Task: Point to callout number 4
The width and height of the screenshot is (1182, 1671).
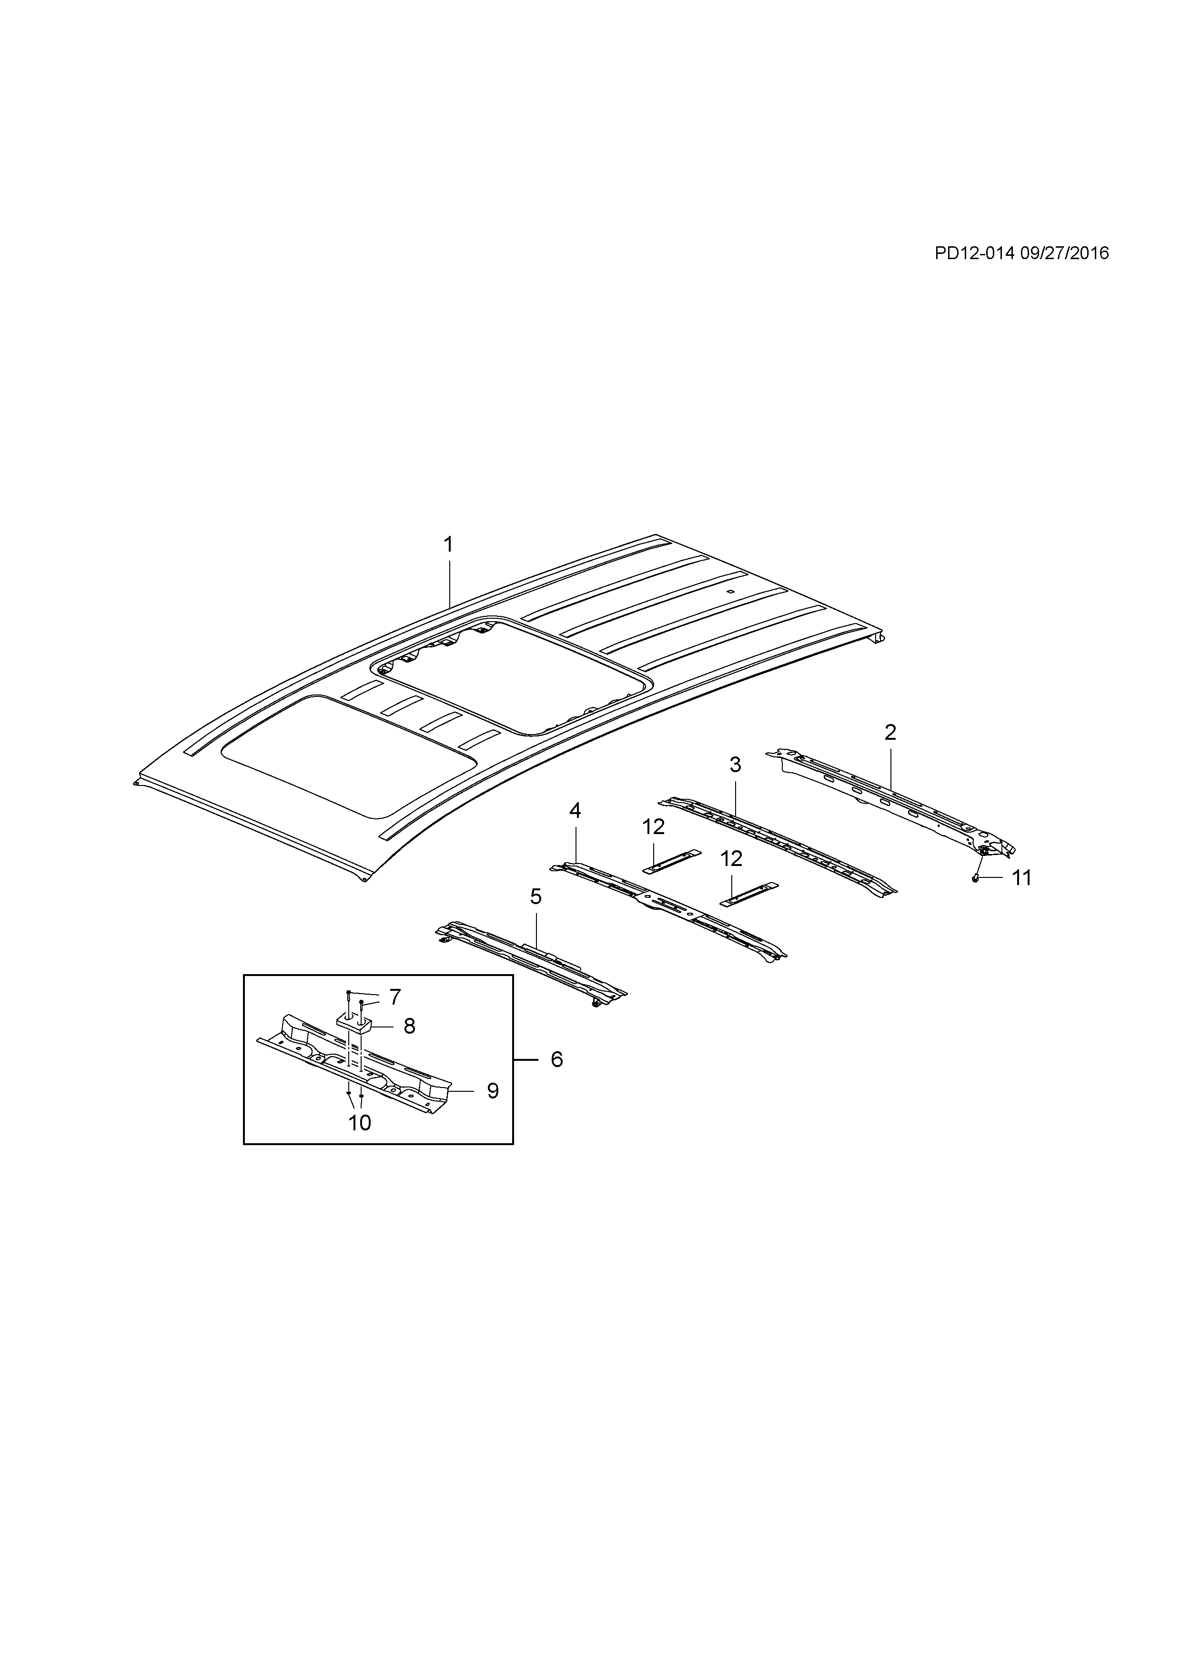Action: click(x=575, y=811)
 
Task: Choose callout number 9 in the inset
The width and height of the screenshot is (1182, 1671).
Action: click(x=493, y=1111)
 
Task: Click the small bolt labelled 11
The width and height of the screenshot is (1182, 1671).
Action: click(x=975, y=878)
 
